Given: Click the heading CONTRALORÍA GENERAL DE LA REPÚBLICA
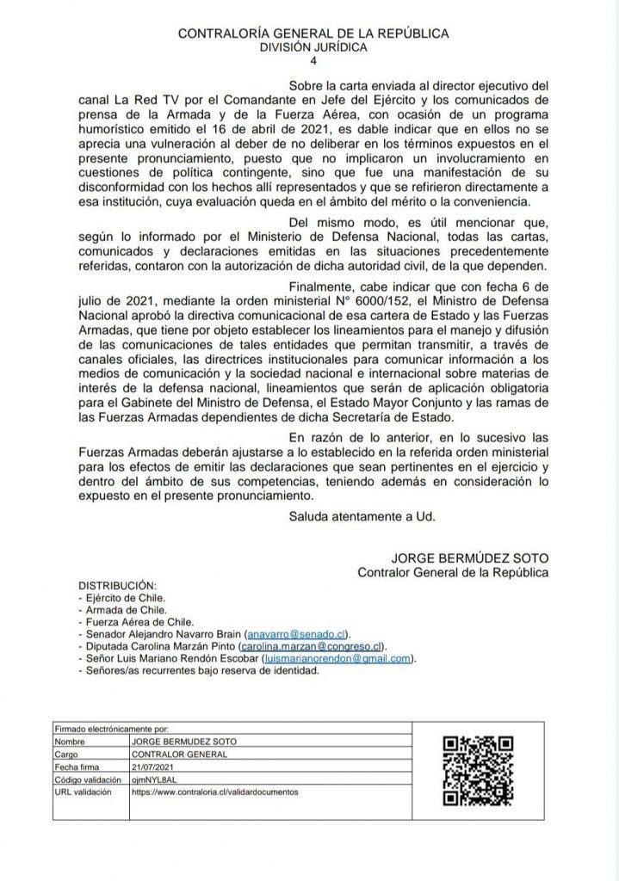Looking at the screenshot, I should [x=313, y=34].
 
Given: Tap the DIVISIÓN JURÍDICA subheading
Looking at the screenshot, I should [x=313, y=47].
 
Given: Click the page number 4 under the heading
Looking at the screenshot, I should [x=313, y=61].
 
